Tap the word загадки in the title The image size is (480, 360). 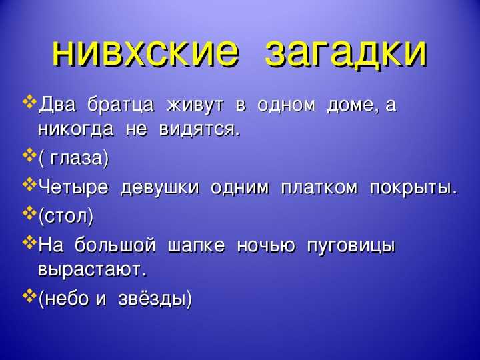(346, 53)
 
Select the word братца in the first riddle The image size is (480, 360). (121, 105)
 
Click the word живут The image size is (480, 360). (195, 105)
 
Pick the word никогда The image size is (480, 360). (75, 129)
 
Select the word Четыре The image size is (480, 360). (73, 188)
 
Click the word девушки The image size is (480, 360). (160, 188)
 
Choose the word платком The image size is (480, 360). (319, 187)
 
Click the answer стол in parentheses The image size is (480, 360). (65, 216)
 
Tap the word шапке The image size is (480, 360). (196, 246)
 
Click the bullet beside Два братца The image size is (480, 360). (29, 101)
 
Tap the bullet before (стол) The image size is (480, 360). (29, 213)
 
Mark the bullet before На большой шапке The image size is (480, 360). (29, 242)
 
